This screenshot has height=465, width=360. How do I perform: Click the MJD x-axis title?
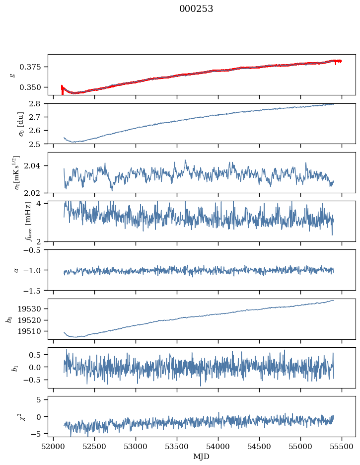coord(201,457)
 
